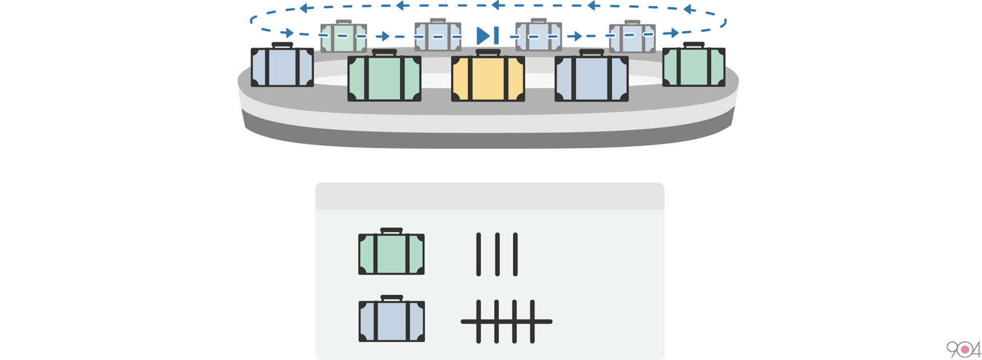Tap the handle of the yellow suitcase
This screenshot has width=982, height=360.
(x=488, y=52)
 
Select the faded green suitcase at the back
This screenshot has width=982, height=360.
(x=344, y=36)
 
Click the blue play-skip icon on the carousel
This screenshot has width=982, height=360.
(x=487, y=36)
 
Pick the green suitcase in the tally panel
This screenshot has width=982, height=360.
(x=391, y=251)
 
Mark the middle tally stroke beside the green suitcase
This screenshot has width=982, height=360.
(x=497, y=254)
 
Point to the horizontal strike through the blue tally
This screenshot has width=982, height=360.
(x=506, y=322)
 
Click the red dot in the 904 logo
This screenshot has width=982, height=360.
(x=965, y=350)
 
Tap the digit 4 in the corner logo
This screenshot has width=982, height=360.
(x=976, y=349)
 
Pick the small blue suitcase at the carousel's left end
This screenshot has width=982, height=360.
(x=282, y=65)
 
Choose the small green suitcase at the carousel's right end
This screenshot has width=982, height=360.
(x=694, y=65)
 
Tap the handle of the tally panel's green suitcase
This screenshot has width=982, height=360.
(x=391, y=231)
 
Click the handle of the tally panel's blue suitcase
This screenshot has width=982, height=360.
(x=391, y=298)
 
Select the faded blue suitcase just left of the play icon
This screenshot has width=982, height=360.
(x=438, y=36)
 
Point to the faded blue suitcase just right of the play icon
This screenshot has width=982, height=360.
(x=539, y=36)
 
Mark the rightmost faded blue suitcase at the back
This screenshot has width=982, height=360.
(x=632, y=37)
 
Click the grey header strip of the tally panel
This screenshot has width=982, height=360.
(x=489, y=196)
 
